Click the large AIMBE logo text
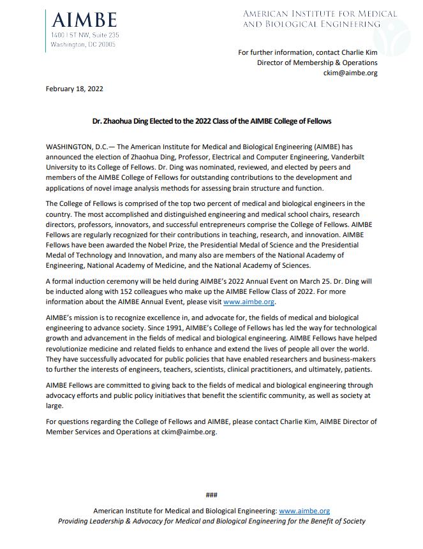(85, 20)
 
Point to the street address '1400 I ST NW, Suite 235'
(85, 35)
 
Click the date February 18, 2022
(74, 89)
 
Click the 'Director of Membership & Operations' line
(317, 62)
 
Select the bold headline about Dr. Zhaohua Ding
(211, 121)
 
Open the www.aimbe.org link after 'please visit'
(249, 302)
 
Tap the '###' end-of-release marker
(211, 495)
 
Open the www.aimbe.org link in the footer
(304, 511)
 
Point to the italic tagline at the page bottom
(212, 521)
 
